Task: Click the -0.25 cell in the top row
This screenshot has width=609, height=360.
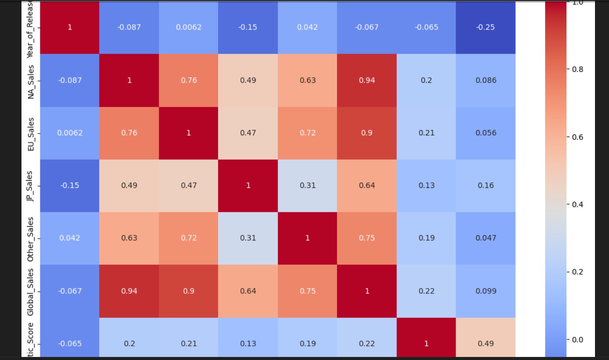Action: point(485,27)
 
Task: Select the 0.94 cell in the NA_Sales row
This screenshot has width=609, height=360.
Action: point(367,80)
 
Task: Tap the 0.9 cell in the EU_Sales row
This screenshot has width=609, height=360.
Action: point(367,133)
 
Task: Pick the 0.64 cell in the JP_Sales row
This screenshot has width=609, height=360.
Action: point(367,185)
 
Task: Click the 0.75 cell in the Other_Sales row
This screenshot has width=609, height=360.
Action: point(367,238)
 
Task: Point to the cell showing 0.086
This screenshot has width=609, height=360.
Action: point(485,80)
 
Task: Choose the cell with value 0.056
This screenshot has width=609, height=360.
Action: point(485,133)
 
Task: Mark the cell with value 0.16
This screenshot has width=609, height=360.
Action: point(485,185)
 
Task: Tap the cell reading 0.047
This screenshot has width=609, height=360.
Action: point(485,238)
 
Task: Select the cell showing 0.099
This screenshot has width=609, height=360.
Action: point(485,291)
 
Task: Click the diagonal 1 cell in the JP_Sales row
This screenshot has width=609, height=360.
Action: point(248,185)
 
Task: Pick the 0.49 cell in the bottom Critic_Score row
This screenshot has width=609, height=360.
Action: point(485,343)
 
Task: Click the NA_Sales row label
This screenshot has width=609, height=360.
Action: point(31,81)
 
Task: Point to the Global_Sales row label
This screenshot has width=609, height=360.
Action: point(31,291)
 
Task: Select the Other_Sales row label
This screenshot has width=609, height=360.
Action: point(31,238)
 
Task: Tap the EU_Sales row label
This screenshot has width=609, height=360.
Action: point(31,133)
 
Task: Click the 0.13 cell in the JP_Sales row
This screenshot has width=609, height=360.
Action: point(426,185)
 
